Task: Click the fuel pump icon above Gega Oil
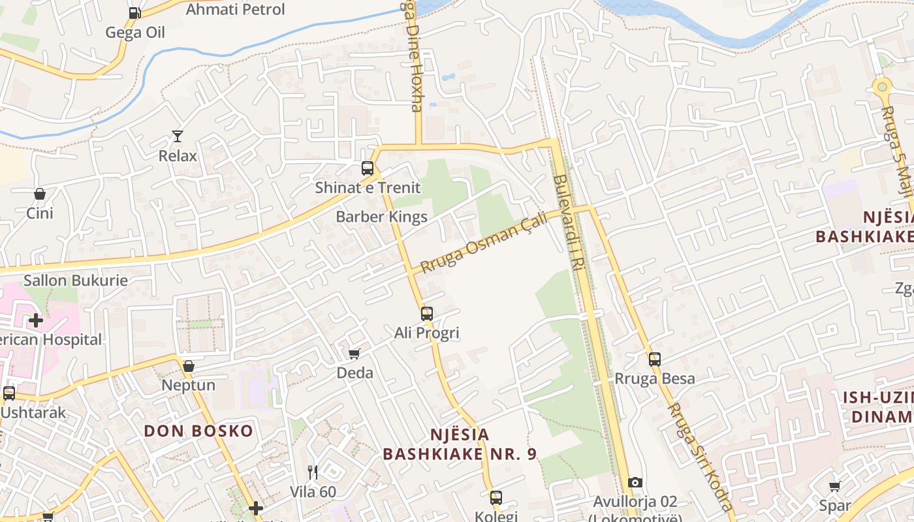pos(134,12)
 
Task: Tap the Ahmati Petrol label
pos(236,9)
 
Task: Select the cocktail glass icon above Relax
pos(178,136)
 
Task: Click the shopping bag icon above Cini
pos(40,194)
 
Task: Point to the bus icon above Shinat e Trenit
pos(368,168)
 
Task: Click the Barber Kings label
pos(381,217)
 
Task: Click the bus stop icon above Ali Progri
pos(427,314)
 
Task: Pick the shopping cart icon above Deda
pos(355,354)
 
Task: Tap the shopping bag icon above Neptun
pos(189,366)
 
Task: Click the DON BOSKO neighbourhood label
pos(198,431)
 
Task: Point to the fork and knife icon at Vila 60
pos(313,472)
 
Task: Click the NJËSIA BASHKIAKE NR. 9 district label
pos(460,444)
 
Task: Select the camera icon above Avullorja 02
pos(635,482)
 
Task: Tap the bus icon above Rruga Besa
pos(655,359)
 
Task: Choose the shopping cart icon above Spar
pos(834,486)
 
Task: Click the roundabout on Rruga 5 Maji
pos(882,85)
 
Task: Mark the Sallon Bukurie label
pos(76,281)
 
